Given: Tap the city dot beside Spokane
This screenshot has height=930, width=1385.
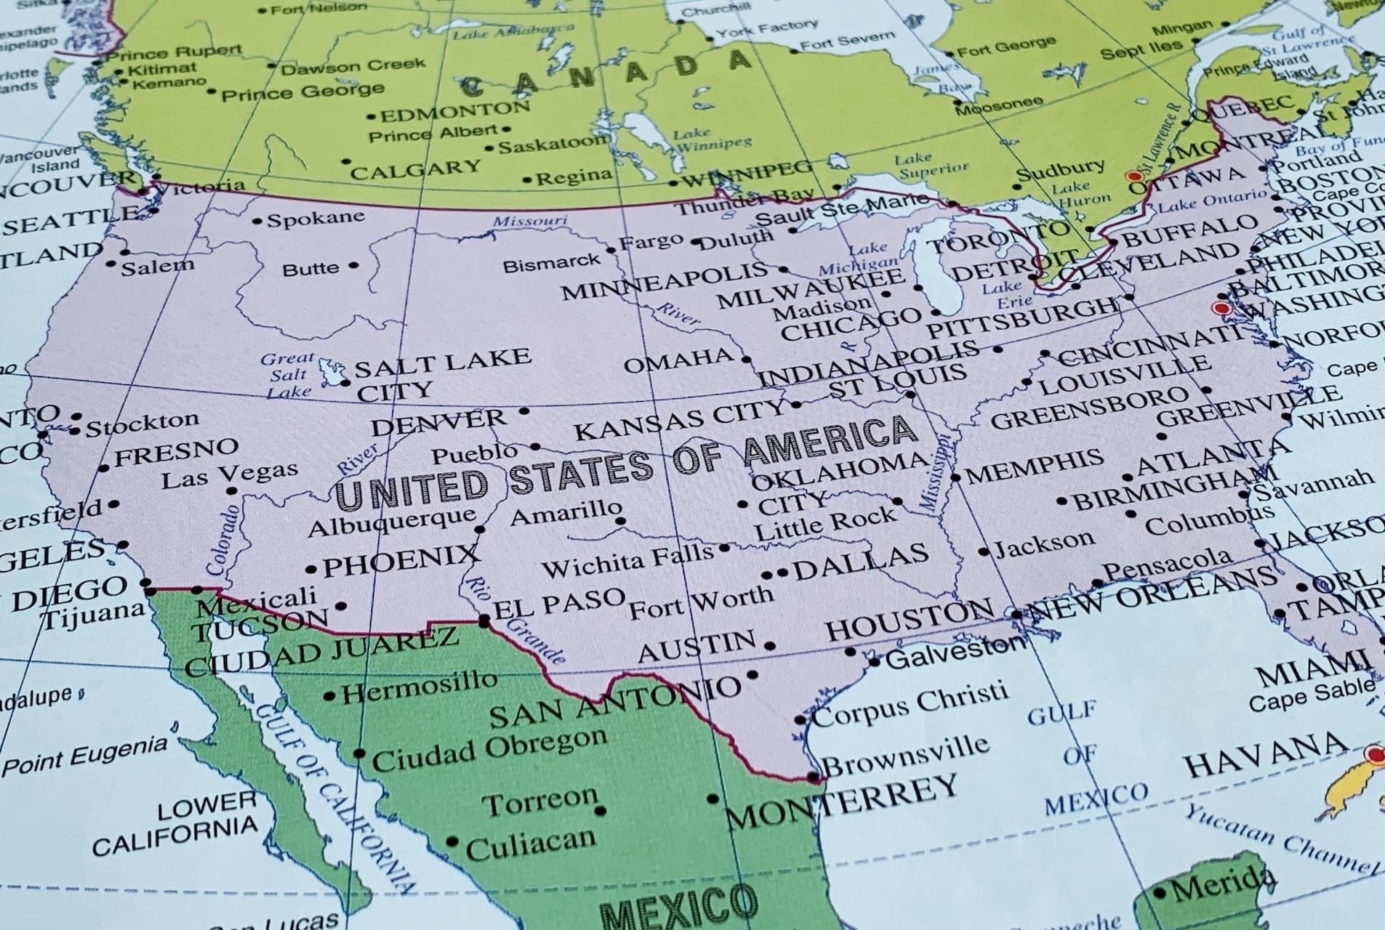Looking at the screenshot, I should (257, 221).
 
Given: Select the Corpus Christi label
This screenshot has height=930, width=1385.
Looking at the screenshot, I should (910, 703).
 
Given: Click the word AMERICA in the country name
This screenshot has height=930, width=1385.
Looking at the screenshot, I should (830, 441).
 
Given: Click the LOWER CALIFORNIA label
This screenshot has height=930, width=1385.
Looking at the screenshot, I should (174, 825).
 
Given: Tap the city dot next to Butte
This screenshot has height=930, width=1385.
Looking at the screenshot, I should (353, 266).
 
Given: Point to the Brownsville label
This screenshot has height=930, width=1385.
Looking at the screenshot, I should (905, 754).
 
